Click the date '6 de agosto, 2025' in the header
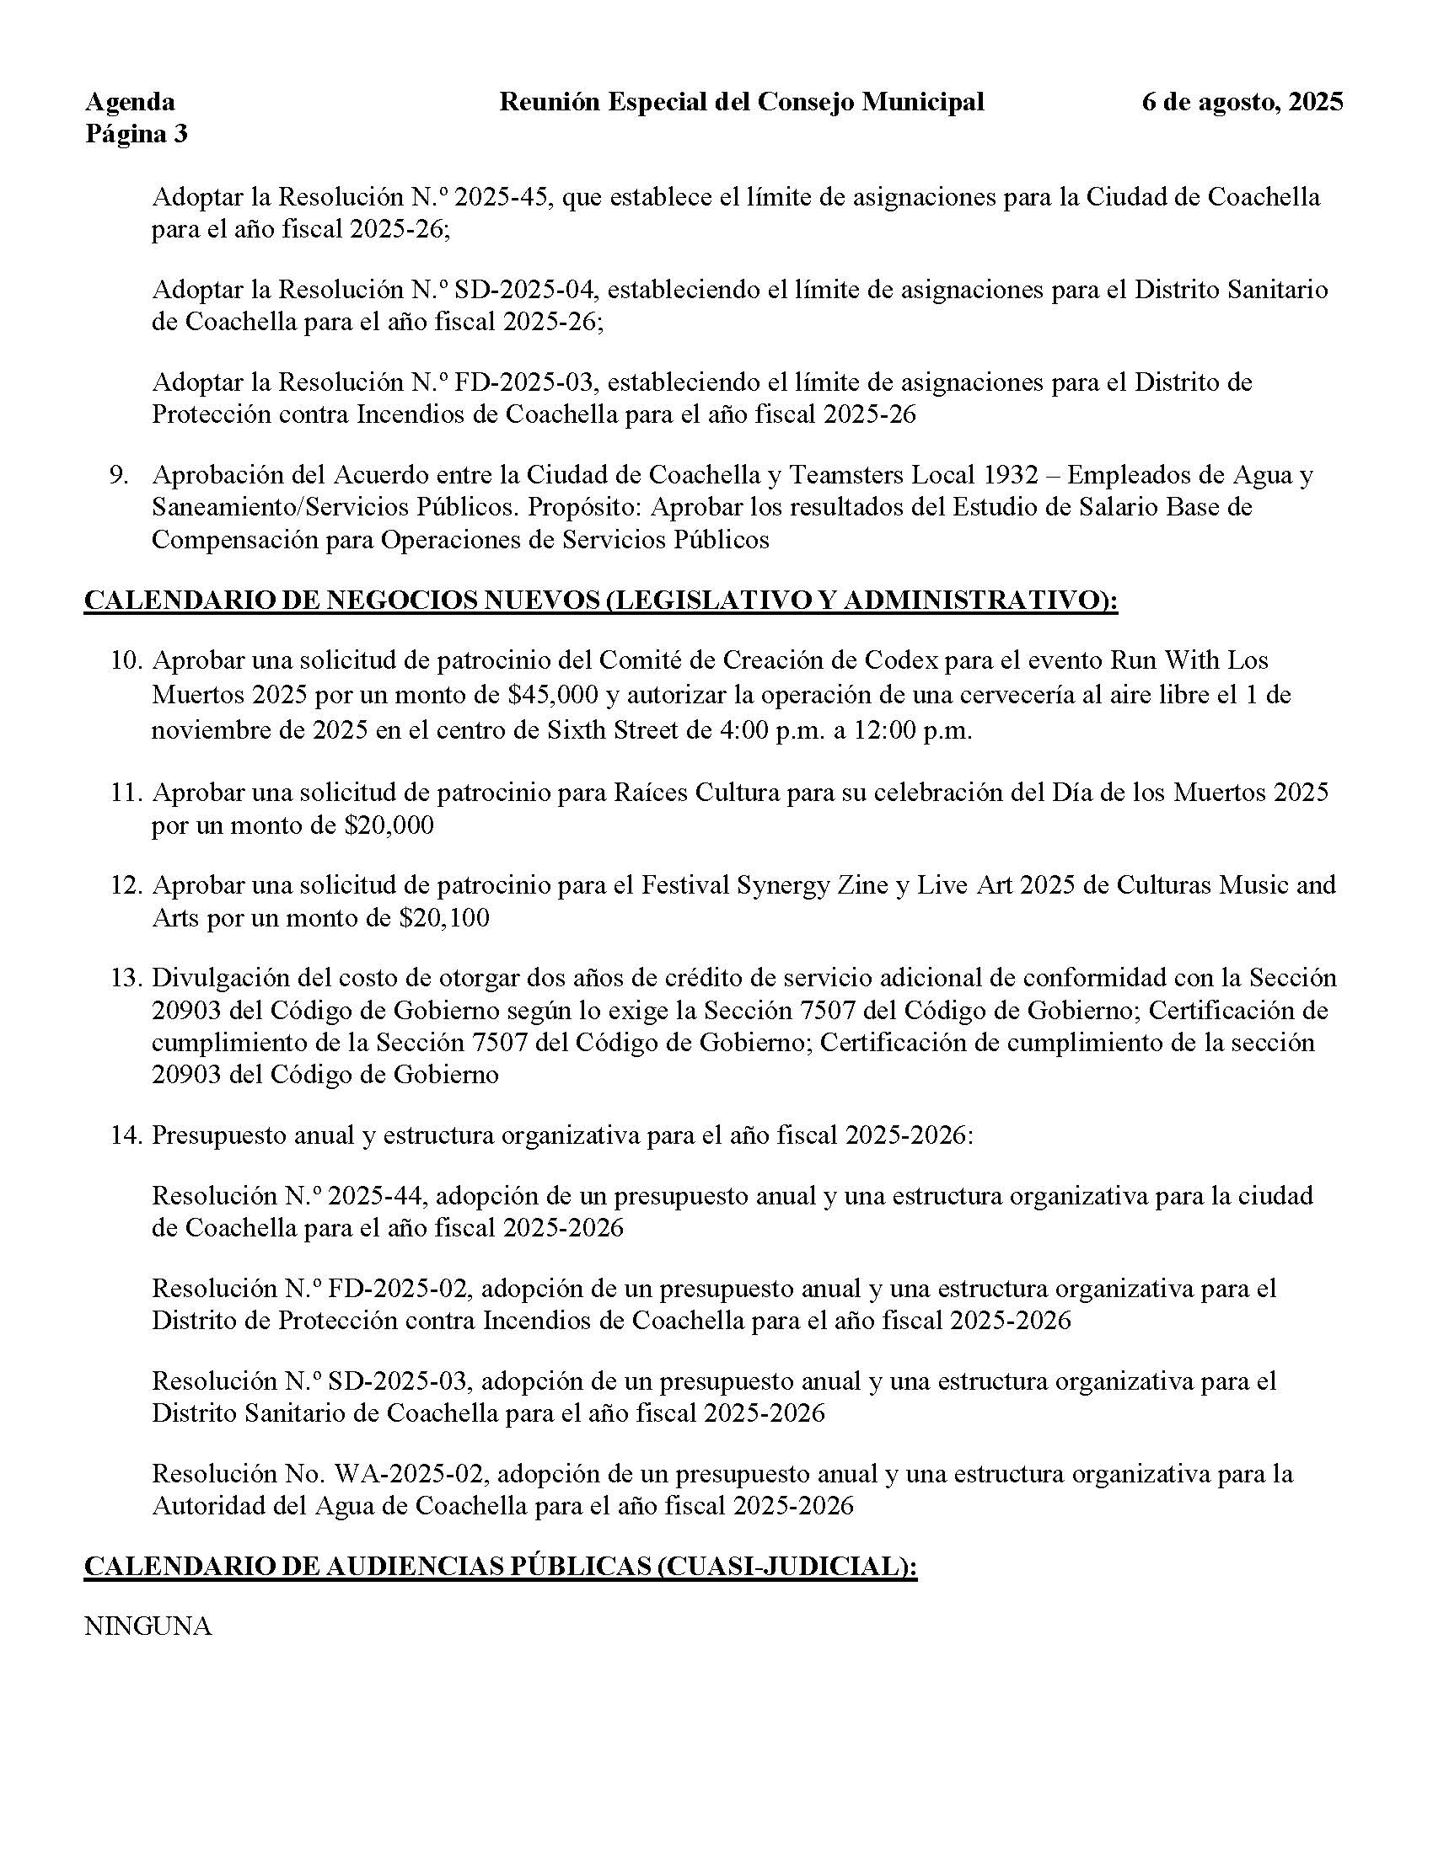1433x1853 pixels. coord(1242,102)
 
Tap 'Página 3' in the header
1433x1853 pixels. coord(136,134)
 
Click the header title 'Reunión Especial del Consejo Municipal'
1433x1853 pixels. coord(741,102)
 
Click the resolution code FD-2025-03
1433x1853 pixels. coord(526,382)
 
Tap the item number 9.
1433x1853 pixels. coord(118,475)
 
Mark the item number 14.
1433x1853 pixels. coord(126,1135)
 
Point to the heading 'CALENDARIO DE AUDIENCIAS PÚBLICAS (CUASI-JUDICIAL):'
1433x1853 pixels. coord(500,1567)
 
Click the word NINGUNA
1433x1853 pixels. coord(148,1626)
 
